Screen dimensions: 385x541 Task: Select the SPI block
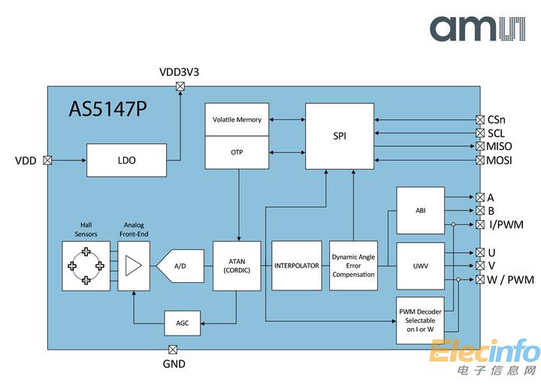coord(340,136)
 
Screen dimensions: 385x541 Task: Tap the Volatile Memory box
coord(237,120)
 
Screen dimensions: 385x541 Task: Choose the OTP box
coord(237,152)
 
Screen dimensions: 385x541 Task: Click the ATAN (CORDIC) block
coord(237,266)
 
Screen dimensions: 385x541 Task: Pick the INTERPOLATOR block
coord(297,266)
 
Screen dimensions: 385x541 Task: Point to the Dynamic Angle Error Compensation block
coord(353,266)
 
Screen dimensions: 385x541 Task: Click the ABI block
coord(420,211)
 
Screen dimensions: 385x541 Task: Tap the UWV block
coord(420,266)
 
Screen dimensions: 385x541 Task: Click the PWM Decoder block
coord(420,320)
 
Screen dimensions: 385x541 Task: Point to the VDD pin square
coord(47,160)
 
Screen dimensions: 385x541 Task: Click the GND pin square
coord(173,349)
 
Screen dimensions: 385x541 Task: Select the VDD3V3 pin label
coord(180,73)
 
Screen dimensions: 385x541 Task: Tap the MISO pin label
coord(500,146)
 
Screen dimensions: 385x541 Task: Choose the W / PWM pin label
coord(510,280)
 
